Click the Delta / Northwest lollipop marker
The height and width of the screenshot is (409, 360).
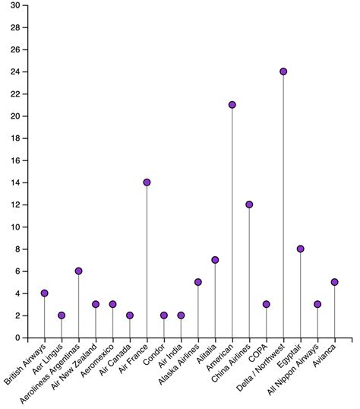click(283, 71)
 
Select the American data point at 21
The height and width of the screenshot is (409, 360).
click(232, 105)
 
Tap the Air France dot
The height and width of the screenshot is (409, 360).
click(147, 182)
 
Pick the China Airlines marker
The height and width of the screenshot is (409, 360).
click(249, 204)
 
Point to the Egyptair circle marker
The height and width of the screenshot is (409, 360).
click(300, 249)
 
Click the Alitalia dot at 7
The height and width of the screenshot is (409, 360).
click(215, 260)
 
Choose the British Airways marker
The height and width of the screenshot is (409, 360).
click(44, 293)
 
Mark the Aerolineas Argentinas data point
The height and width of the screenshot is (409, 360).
click(78, 271)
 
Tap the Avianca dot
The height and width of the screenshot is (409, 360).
click(334, 282)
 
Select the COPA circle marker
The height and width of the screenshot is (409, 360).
click(266, 304)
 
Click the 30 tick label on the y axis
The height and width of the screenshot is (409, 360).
click(15, 5)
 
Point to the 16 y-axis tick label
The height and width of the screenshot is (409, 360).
click(15, 160)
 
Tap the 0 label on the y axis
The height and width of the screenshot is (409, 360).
click(17, 338)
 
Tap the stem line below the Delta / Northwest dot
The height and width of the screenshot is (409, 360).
click(283, 206)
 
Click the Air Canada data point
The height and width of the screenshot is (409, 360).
click(130, 315)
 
